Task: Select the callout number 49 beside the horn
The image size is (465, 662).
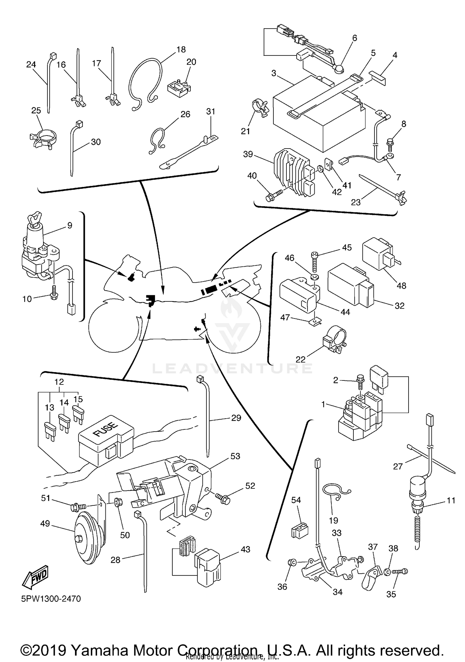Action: tap(45, 523)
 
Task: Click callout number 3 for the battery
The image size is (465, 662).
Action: tap(273, 73)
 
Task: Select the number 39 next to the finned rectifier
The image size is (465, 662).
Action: tap(248, 154)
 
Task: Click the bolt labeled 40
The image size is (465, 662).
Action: tap(274, 195)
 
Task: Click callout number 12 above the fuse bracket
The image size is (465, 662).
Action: tap(59, 382)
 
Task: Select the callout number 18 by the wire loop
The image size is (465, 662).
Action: tap(181, 49)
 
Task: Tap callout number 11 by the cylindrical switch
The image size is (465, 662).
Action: tap(451, 500)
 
